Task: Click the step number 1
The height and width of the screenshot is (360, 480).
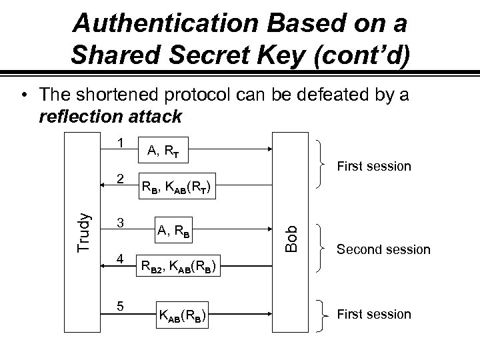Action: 119,143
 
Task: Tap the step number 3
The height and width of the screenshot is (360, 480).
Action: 120,223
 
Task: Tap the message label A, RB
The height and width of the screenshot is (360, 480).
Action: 173,231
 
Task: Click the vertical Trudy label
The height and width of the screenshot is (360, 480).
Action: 83,231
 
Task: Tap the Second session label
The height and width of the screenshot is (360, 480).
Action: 383,250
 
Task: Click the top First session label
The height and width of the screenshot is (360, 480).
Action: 374,166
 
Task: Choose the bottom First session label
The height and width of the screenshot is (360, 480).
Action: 374,314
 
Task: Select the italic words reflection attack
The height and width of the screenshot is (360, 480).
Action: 110,117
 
